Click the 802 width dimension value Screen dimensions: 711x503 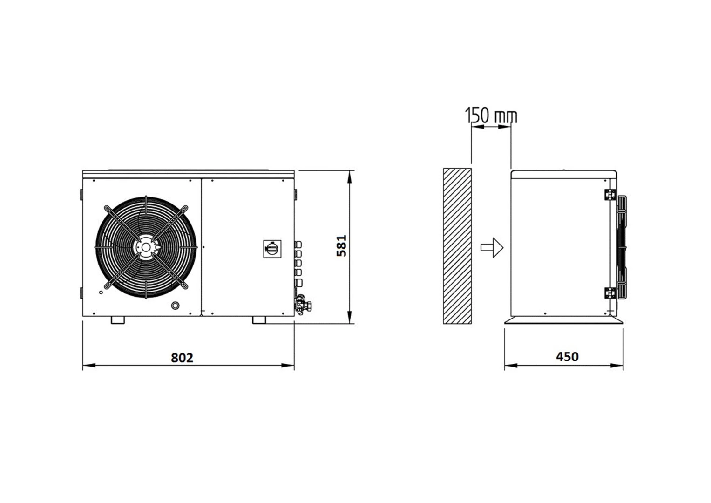coord(182,358)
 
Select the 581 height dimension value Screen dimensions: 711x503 coord(342,246)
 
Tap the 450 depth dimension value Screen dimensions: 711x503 coord(567,357)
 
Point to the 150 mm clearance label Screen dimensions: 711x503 coord(491,115)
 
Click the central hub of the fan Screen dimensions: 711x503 coord(146,247)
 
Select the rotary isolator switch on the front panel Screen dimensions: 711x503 coord(272,249)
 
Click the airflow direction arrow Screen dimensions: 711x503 coord(492,247)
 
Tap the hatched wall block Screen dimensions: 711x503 coord(457,246)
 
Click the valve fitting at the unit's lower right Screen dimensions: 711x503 coord(303,304)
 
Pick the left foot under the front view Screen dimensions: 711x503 coord(118,320)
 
